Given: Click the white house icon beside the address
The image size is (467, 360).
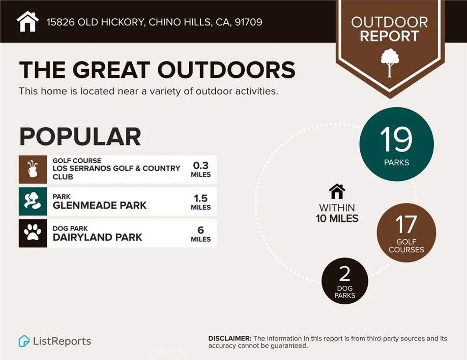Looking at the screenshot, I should (x=27, y=21).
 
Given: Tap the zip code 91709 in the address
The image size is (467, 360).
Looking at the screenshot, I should (x=248, y=22).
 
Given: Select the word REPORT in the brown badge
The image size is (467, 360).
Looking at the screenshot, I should (x=389, y=36).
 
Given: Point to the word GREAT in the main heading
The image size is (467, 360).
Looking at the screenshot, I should (x=112, y=70).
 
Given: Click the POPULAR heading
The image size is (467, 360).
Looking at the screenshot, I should (x=80, y=136).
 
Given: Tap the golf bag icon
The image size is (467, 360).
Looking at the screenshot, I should (x=33, y=169).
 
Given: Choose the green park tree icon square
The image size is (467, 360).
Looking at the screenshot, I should (x=33, y=201).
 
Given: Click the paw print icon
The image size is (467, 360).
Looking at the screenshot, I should (x=33, y=233).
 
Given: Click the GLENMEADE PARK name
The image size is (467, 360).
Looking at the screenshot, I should (x=99, y=205).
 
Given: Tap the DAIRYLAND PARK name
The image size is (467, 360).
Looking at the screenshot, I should (x=98, y=237).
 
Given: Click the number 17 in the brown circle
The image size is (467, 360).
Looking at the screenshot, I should (x=406, y=224).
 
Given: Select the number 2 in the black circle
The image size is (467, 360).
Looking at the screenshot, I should (x=345, y=273).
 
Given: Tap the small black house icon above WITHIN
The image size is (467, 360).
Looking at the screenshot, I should (x=337, y=191).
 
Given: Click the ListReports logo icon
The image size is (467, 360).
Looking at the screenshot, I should (x=24, y=341).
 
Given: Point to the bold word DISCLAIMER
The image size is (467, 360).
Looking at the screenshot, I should (x=229, y=339).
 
